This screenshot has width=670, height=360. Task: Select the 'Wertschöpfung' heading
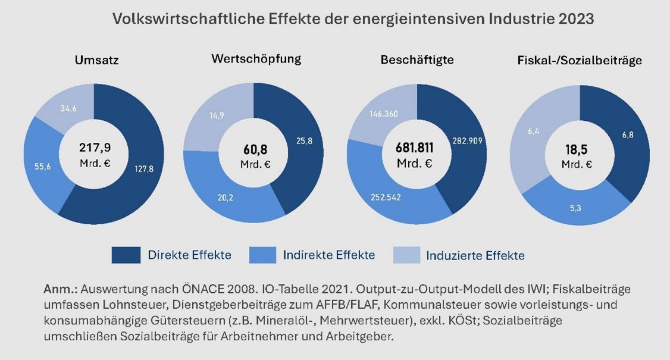tap(256, 58)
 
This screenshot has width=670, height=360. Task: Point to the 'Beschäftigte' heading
tap(417, 60)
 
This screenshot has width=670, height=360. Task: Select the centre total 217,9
tap(94, 148)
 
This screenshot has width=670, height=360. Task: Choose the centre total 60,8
tap(255, 149)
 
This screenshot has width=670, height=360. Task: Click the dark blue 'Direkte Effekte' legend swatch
tap(126, 255)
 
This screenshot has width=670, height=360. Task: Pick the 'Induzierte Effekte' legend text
tap(475, 256)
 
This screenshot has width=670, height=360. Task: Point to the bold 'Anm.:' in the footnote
tap(60, 289)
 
